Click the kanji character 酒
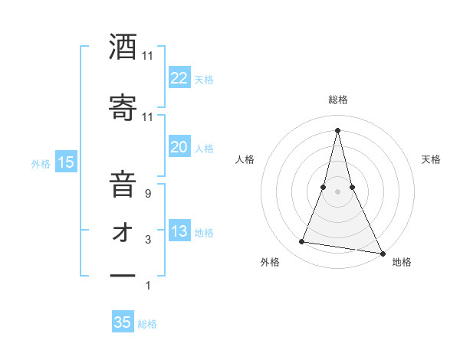pyautogui.click(x=123, y=47)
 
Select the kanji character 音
pyautogui.click(x=123, y=185)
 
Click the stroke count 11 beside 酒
pyautogui.click(x=148, y=56)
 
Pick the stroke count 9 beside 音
pyautogui.click(x=148, y=194)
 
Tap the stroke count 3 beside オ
pyautogui.click(x=148, y=241)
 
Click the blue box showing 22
pyautogui.click(x=179, y=78)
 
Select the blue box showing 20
pyautogui.click(x=179, y=147)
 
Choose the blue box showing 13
pyautogui.click(x=179, y=231)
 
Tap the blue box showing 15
pyautogui.click(x=65, y=162)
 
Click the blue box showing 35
pyautogui.click(x=123, y=322)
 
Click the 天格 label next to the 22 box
pyautogui.click(x=204, y=79)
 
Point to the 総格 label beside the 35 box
pyautogui.click(x=147, y=324)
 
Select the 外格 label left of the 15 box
pyautogui.click(x=41, y=163)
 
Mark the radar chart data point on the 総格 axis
pyautogui.click(x=337, y=129)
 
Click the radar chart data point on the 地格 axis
pyautogui.click(x=382, y=253)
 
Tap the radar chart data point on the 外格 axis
pyautogui.click(x=301, y=242)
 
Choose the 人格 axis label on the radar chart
pyautogui.click(x=245, y=159)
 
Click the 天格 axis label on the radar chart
pyautogui.click(x=431, y=159)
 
